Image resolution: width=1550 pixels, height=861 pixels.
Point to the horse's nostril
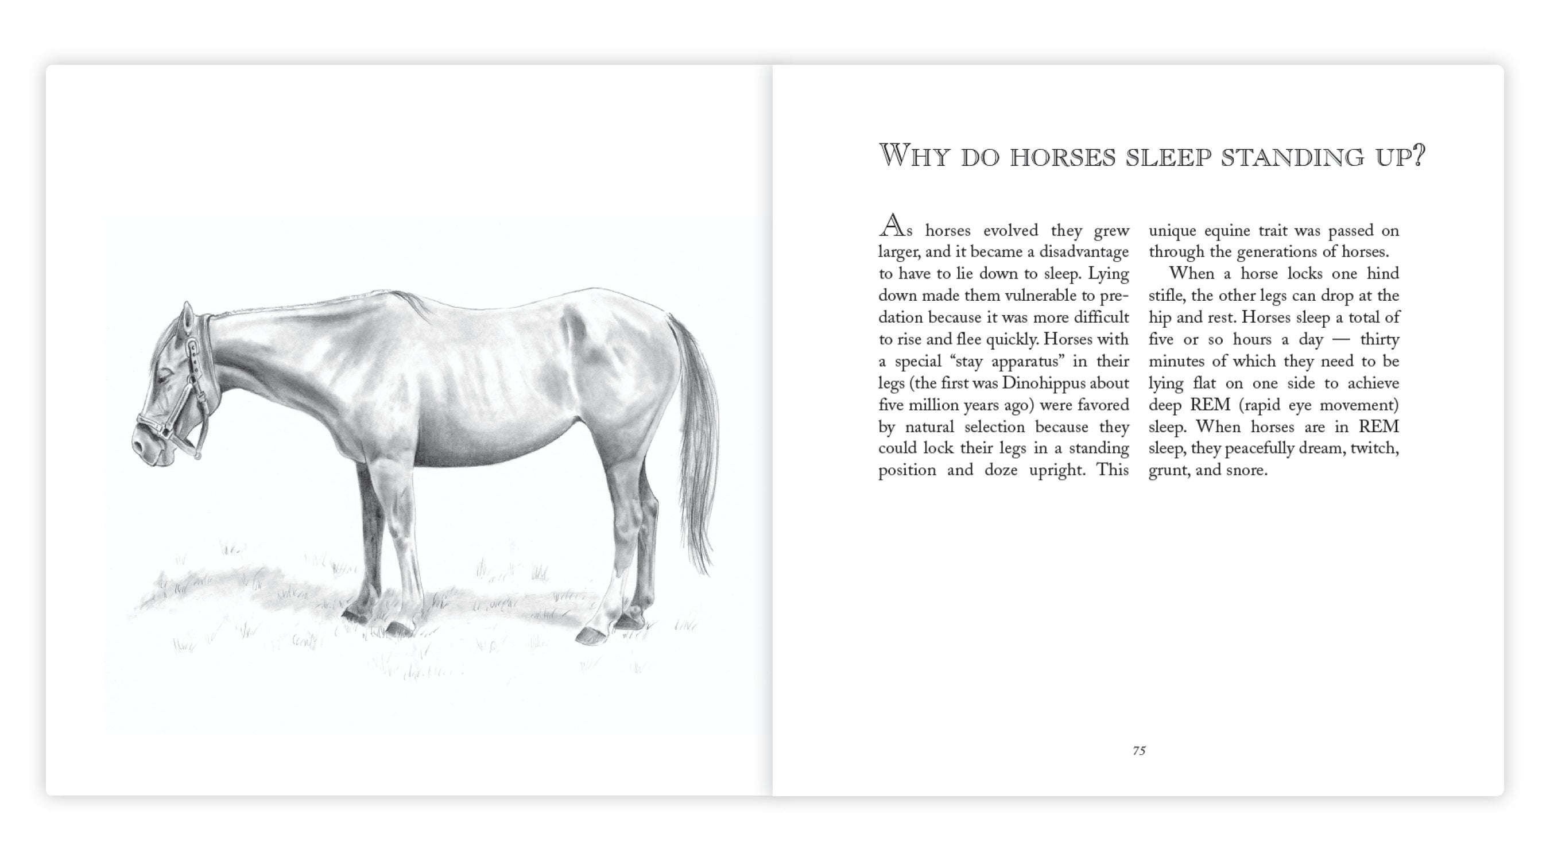pos(139,446)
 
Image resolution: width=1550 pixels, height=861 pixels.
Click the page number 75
pos(1139,750)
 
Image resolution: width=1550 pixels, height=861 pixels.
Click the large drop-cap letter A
pos(892,226)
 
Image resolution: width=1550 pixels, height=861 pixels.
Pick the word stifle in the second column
pos(1164,296)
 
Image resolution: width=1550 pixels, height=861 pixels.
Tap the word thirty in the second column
pos(1379,339)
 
